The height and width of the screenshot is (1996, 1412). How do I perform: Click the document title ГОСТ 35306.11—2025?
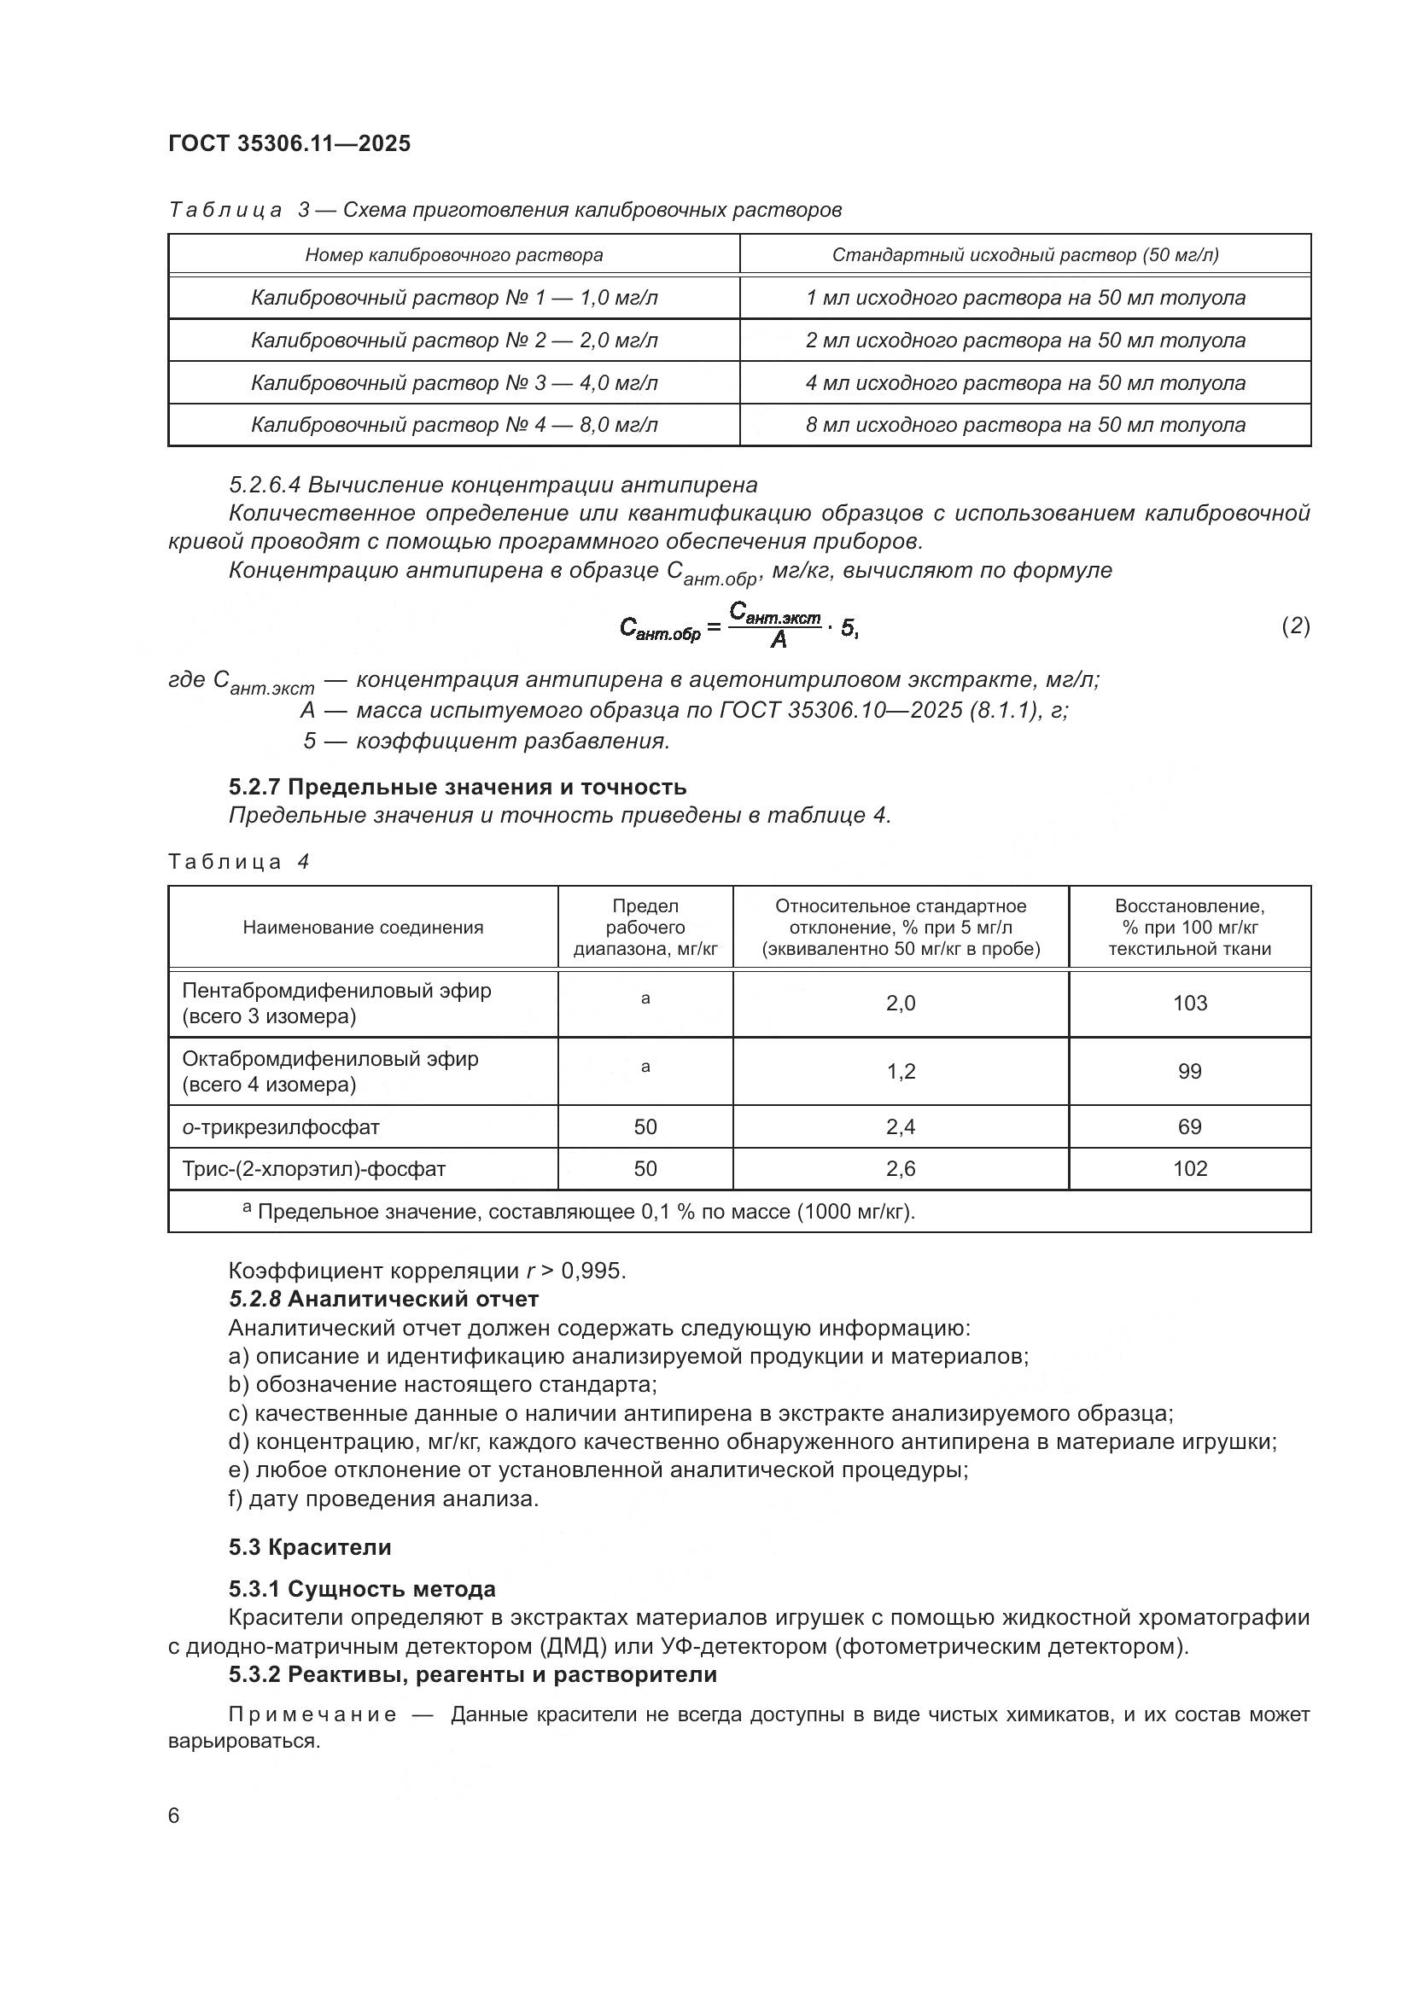coord(289,143)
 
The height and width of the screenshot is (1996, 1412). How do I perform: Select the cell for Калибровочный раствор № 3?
coord(454,382)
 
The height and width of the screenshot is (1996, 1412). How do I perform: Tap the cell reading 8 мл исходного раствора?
coord(1025,425)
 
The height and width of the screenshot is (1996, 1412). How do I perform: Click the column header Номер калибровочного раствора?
coord(454,254)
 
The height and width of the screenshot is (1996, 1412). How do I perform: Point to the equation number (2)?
coord(1296,626)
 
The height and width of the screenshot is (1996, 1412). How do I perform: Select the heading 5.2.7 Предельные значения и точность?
coord(458,787)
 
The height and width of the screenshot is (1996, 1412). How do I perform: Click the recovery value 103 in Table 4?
coord(1189,1004)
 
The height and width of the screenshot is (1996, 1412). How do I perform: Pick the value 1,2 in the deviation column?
coord(901,1071)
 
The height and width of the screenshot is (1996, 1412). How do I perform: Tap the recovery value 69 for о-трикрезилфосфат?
coord(1189,1126)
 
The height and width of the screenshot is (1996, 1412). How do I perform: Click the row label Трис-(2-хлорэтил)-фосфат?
coord(314,1169)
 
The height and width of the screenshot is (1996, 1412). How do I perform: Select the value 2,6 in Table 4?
coord(901,1169)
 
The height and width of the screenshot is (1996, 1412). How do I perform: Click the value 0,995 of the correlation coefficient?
coord(593,1271)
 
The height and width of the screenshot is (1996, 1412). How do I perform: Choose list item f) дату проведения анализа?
coord(383,1498)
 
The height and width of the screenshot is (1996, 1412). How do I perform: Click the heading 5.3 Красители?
coord(311,1547)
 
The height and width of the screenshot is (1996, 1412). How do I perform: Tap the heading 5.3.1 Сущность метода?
coord(363,1589)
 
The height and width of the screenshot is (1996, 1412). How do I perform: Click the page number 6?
coord(174,1816)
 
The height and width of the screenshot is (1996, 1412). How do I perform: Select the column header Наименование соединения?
coord(363,928)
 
